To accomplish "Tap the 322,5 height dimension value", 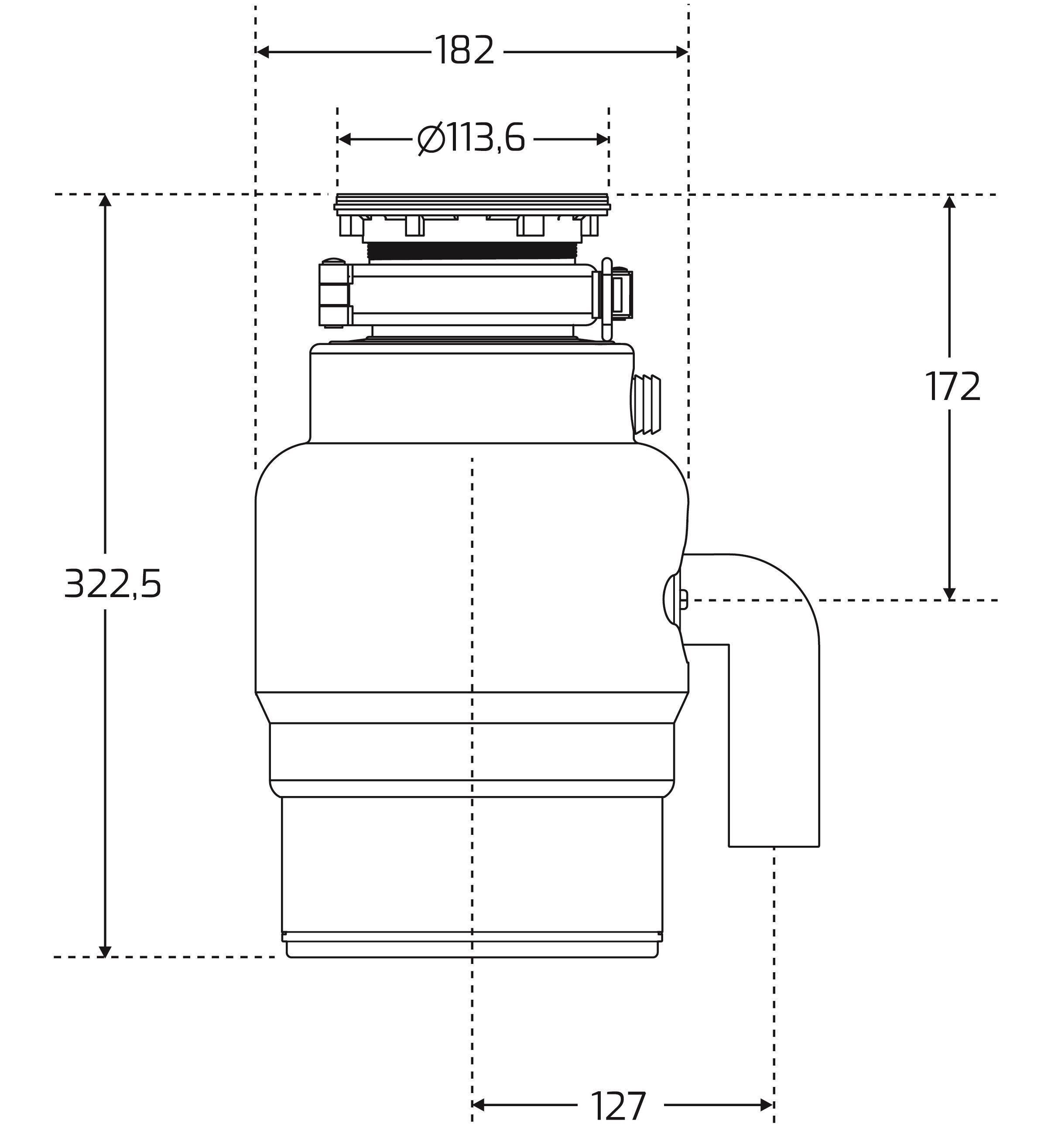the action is pyautogui.click(x=113, y=584).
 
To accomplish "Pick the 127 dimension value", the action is pyautogui.click(x=619, y=1105).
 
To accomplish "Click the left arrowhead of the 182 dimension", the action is pyautogui.click(x=262, y=52).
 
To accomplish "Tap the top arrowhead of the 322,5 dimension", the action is pyautogui.click(x=105, y=201).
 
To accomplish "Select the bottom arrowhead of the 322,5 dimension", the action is pyautogui.click(x=105, y=951).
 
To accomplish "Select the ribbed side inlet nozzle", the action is pyautogui.click(x=647, y=404).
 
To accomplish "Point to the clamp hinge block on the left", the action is pyautogui.click(x=335, y=293).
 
